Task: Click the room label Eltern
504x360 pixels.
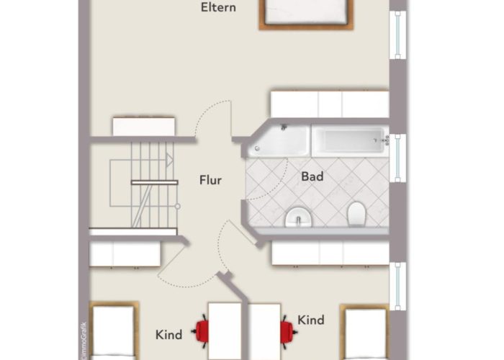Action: tap(218, 7)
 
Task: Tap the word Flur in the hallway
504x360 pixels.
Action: tap(210, 180)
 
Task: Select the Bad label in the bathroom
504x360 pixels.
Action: tap(312, 176)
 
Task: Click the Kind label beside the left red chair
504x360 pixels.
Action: tap(168, 335)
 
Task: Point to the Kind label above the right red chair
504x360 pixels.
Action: tap(311, 320)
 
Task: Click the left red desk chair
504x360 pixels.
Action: tap(201, 331)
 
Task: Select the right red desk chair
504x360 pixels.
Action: tap(288, 332)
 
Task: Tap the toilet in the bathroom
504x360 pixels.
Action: tap(356, 214)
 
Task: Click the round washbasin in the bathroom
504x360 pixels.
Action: tap(299, 217)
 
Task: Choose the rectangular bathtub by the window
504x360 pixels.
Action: tap(351, 141)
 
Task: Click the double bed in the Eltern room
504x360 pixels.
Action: tap(306, 15)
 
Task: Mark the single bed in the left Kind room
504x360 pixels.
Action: tap(114, 330)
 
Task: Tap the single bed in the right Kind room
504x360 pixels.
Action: tap(365, 332)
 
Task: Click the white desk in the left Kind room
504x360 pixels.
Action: tap(225, 331)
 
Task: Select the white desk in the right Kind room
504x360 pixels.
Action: tap(264, 332)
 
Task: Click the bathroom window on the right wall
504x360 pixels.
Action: tap(398, 158)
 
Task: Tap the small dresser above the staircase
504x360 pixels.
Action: tap(144, 126)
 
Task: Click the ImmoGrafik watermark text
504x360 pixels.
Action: tap(84, 341)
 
